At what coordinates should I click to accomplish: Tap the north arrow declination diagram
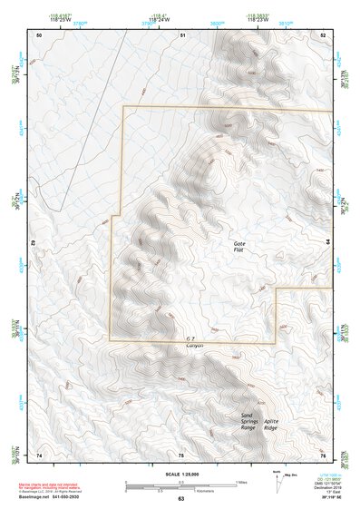tap(277, 478)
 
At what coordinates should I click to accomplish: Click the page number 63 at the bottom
tap(181, 499)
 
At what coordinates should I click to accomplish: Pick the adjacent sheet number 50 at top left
tap(39, 34)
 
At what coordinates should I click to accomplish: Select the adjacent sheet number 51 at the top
tap(182, 34)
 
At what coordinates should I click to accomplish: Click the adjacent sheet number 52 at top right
tap(323, 34)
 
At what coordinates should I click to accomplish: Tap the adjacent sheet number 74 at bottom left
tap(39, 455)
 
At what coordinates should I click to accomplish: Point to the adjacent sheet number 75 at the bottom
tap(181, 455)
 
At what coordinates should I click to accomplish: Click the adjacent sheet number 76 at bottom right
tap(323, 455)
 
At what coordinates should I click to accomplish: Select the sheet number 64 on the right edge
tap(327, 243)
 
